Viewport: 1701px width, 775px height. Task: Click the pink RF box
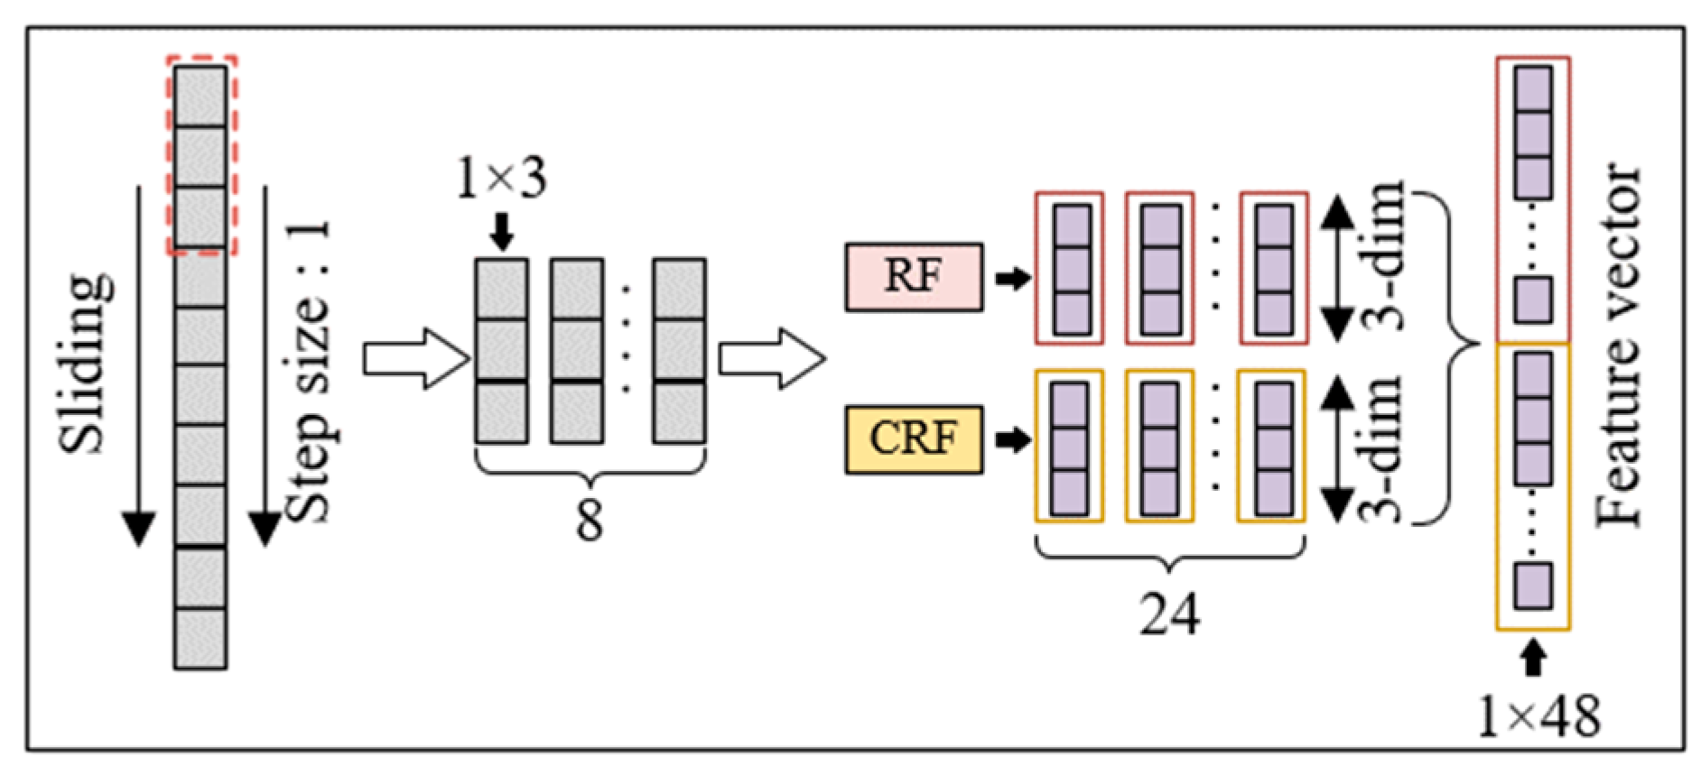pos(914,277)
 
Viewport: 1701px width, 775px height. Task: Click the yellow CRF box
pos(914,439)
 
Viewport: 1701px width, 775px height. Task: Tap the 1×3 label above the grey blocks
pos(501,178)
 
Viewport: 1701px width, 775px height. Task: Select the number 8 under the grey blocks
pos(590,520)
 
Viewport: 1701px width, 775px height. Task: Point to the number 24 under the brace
pos(1169,615)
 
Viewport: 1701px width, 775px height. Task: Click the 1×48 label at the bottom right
pos(1538,717)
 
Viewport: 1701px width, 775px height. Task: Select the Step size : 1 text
pos(308,370)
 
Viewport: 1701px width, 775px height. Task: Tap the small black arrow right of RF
pos(1012,278)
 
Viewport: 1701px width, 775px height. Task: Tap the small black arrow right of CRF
pos(1012,440)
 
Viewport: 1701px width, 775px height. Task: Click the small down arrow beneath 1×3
pos(502,231)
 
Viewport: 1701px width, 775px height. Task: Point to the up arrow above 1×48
pos(1532,657)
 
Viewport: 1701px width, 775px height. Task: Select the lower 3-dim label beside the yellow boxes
pos(1382,448)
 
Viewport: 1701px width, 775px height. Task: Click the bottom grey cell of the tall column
pos(200,638)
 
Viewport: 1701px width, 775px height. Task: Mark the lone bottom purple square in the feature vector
pos(1532,586)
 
